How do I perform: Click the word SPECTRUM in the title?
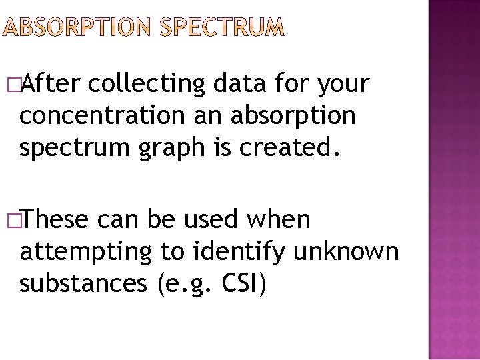tap(223, 27)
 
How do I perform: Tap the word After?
tap(50, 84)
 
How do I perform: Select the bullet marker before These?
tap(13, 220)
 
